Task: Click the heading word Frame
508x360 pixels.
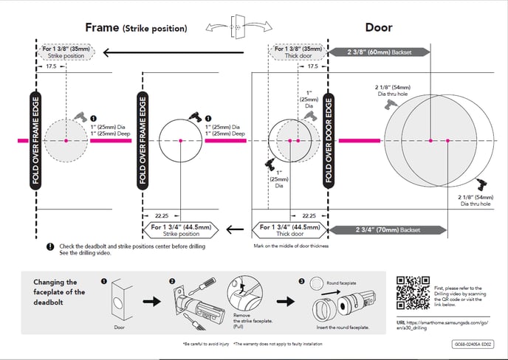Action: point(102,28)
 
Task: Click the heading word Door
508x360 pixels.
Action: point(379,28)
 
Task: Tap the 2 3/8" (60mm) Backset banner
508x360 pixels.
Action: point(388,52)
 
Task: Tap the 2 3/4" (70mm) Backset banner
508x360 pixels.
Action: point(388,230)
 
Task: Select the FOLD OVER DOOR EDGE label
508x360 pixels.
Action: point(330,140)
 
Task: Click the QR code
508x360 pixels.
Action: point(413,292)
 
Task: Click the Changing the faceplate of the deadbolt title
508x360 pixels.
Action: point(60,292)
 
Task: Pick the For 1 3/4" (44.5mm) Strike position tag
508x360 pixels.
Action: point(181,230)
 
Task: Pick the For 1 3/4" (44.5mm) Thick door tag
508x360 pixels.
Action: point(288,230)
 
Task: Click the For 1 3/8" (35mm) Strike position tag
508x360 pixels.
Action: point(66,52)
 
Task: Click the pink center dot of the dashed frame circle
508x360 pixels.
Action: point(66,140)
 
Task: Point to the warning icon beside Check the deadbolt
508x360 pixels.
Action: point(49,246)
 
